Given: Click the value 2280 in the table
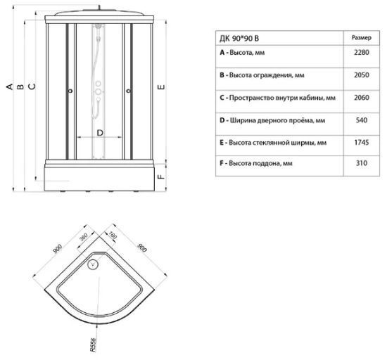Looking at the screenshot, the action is (x=362, y=53).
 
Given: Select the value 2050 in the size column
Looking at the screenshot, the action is (x=362, y=75).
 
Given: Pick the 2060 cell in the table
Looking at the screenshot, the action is (x=362, y=98).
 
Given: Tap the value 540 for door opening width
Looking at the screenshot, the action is (x=362, y=120).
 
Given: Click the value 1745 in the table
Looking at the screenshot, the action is (x=362, y=143).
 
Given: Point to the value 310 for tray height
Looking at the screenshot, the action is (x=362, y=163).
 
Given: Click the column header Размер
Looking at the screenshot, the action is (x=362, y=38).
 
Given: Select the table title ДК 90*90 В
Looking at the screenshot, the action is (x=239, y=39).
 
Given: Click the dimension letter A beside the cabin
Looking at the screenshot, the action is (x=9, y=86).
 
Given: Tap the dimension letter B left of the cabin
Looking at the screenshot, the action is (x=20, y=86).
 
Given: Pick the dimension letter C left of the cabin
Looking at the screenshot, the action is (x=32, y=86).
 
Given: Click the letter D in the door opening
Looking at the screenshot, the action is (x=100, y=133).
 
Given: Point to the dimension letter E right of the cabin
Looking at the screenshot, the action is (x=161, y=87).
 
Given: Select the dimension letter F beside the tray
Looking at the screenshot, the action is (x=161, y=176).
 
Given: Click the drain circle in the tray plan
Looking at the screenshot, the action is (x=93, y=264).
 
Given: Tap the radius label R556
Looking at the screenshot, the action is (x=93, y=345).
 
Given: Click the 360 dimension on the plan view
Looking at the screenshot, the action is (x=84, y=237).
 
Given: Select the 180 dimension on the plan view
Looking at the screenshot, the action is (x=113, y=236).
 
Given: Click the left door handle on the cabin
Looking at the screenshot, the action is (x=70, y=91).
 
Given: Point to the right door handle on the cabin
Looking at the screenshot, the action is (x=128, y=91).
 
